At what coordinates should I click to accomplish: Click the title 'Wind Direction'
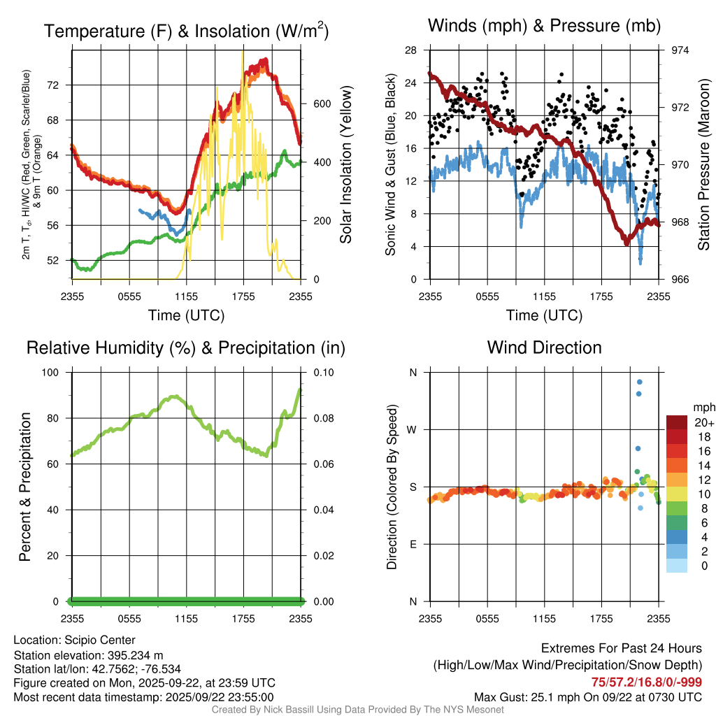click(x=544, y=348)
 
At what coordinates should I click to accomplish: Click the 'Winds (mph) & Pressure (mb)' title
click(x=544, y=27)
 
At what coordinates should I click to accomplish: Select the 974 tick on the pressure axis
click(x=680, y=50)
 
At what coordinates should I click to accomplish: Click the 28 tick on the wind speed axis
click(x=411, y=50)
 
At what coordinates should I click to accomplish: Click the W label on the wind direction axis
click(x=413, y=429)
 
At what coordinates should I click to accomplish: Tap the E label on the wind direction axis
click(x=413, y=544)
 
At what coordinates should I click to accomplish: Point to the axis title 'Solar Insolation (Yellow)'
click(x=346, y=165)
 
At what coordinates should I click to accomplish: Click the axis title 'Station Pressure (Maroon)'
click(x=704, y=165)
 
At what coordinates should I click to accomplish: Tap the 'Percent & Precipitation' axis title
click(x=25, y=487)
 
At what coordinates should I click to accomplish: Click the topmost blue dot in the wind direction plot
click(x=639, y=382)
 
